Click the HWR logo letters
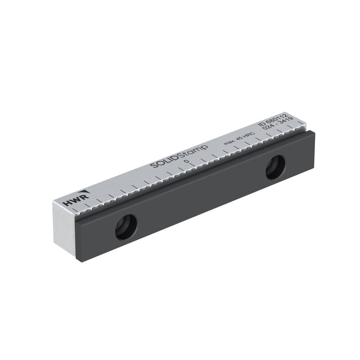(76, 200)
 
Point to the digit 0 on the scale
(187, 162)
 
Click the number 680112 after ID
(276, 119)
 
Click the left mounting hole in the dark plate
(126, 227)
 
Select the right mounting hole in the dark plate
(275, 167)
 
